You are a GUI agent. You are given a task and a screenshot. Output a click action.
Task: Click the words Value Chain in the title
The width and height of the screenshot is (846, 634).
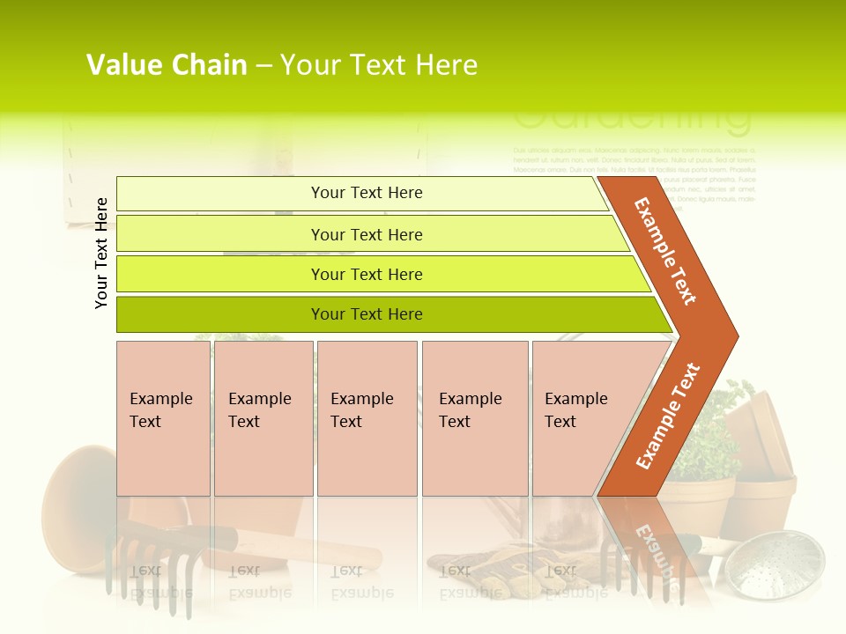coord(167,65)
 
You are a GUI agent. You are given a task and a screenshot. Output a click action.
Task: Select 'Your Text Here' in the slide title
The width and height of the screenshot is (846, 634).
coord(379,65)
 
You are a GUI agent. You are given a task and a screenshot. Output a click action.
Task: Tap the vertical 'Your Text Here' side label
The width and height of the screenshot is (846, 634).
coord(102,253)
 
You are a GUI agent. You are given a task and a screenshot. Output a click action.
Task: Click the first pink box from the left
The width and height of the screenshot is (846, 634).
coord(163,418)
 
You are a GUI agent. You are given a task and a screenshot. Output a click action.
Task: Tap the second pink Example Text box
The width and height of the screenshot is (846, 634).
coord(263,418)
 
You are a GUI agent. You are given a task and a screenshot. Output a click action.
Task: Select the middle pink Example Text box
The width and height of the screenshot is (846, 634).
coord(367,418)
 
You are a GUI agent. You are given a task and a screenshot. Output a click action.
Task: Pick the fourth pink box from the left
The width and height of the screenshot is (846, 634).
coord(474,418)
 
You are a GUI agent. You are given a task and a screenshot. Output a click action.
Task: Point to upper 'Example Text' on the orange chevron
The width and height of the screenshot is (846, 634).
coord(665,251)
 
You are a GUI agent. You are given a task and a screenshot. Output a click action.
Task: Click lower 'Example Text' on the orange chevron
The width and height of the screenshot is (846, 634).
coord(668,416)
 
